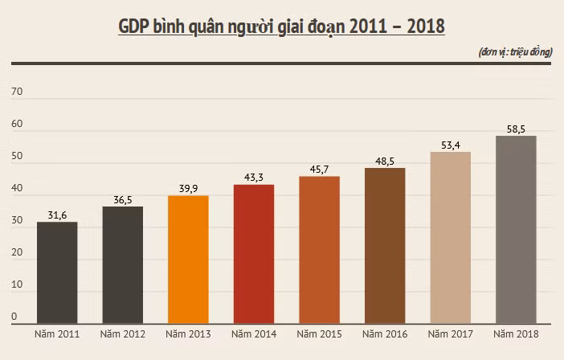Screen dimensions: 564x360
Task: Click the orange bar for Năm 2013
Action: point(188,260)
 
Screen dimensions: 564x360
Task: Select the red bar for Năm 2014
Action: point(254,254)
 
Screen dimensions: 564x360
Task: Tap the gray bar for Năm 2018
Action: point(516,230)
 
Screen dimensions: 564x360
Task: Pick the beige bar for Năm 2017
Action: point(451,238)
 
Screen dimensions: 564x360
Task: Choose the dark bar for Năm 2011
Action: point(57,272)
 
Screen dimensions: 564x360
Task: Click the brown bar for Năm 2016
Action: point(385,246)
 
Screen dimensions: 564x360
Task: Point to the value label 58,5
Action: point(516,129)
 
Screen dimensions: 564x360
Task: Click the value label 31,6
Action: point(57,215)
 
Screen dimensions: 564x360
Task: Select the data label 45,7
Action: point(320,170)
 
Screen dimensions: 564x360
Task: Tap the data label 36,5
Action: point(123,200)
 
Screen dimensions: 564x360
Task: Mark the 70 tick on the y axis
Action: point(17,92)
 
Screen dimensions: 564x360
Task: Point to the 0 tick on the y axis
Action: point(14,317)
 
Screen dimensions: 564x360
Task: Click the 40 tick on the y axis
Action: point(17,188)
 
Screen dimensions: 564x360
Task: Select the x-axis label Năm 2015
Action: point(320,334)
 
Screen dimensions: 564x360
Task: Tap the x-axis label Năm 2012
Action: point(123,334)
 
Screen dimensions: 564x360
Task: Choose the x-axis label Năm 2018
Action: point(516,334)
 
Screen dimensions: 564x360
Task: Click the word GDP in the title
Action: point(133,27)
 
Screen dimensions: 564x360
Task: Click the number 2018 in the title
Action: point(426,27)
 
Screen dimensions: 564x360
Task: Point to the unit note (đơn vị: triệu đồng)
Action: point(516,52)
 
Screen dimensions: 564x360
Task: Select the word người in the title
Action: point(251,27)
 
